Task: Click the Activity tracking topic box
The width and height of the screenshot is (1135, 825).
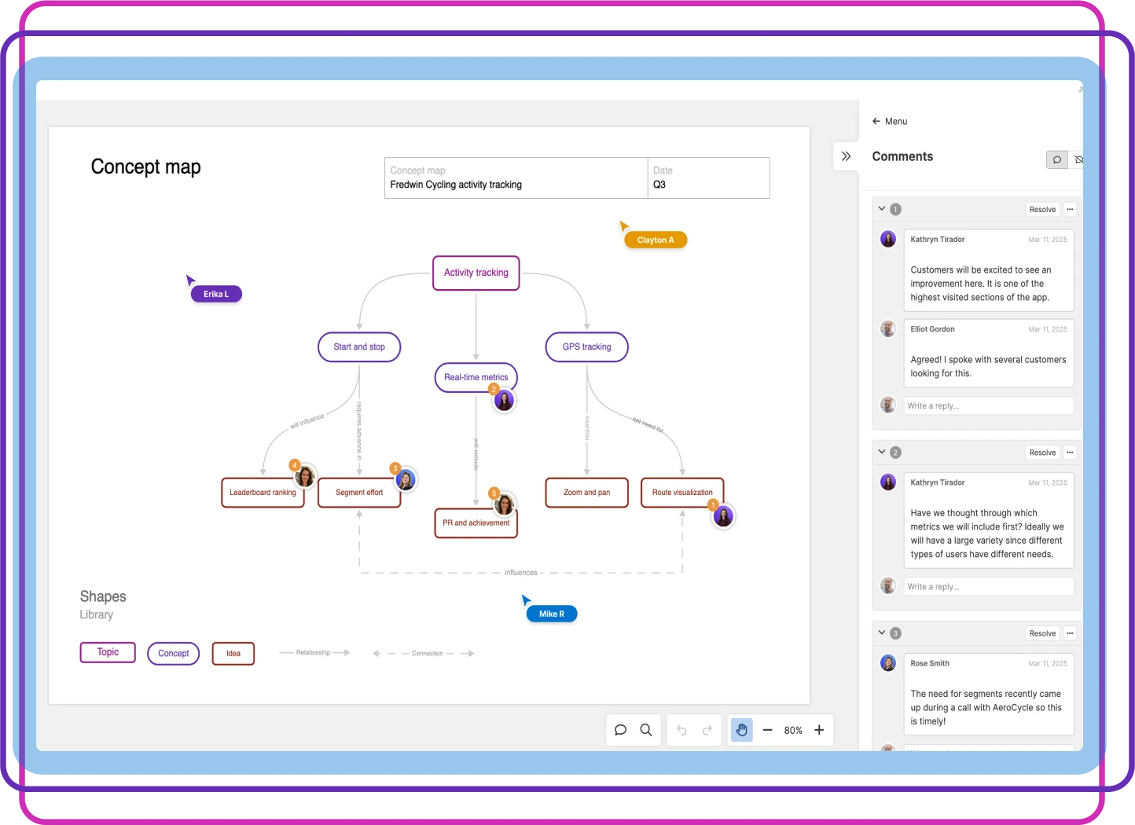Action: pyautogui.click(x=476, y=273)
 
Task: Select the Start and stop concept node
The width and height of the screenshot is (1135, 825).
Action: pyautogui.click(x=359, y=346)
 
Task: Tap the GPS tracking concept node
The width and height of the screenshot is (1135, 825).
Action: pyautogui.click(x=586, y=346)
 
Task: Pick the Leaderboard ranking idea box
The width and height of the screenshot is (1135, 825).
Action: pyautogui.click(x=263, y=493)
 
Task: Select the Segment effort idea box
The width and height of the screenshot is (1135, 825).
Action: pyautogui.click(x=358, y=493)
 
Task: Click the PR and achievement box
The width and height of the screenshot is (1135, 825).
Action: pyautogui.click(x=476, y=523)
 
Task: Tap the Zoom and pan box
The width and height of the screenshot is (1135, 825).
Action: pyautogui.click(x=586, y=493)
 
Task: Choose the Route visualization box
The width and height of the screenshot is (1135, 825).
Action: pyautogui.click(x=681, y=493)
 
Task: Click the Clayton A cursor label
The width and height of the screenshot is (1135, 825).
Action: pyautogui.click(x=656, y=240)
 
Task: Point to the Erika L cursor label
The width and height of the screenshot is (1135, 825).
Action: pyautogui.click(x=216, y=294)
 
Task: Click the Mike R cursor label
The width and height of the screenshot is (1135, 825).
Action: pyautogui.click(x=552, y=614)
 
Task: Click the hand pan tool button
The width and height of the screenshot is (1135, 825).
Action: pyautogui.click(x=741, y=730)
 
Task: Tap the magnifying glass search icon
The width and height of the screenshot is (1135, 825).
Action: pyautogui.click(x=646, y=730)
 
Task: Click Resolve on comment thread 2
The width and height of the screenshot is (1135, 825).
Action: pyautogui.click(x=1042, y=453)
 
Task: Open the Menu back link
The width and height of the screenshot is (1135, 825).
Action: pyautogui.click(x=890, y=121)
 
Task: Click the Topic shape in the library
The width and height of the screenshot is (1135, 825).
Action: pyautogui.click(x=108, y=652)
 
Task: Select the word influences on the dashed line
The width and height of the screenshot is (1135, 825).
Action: pyautogui.click(x=520, y=573)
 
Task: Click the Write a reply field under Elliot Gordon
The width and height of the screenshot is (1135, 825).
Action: pyautogui.click(x=988, y=405)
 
